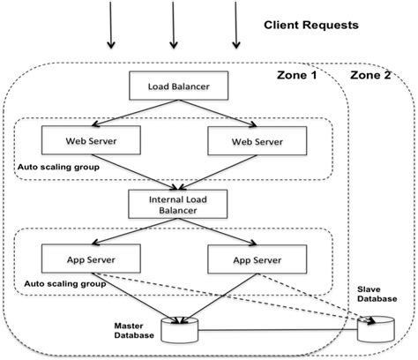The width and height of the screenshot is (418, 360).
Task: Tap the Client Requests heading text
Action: (311, 26)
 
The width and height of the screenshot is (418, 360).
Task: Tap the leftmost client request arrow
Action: (110, 26)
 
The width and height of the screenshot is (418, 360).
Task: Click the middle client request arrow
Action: (174, 26)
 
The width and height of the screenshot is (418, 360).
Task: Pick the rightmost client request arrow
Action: (237, 26)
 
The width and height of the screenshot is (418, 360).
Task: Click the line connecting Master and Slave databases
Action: (282, 332)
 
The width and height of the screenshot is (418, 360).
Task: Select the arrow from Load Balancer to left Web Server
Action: (128, 113)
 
